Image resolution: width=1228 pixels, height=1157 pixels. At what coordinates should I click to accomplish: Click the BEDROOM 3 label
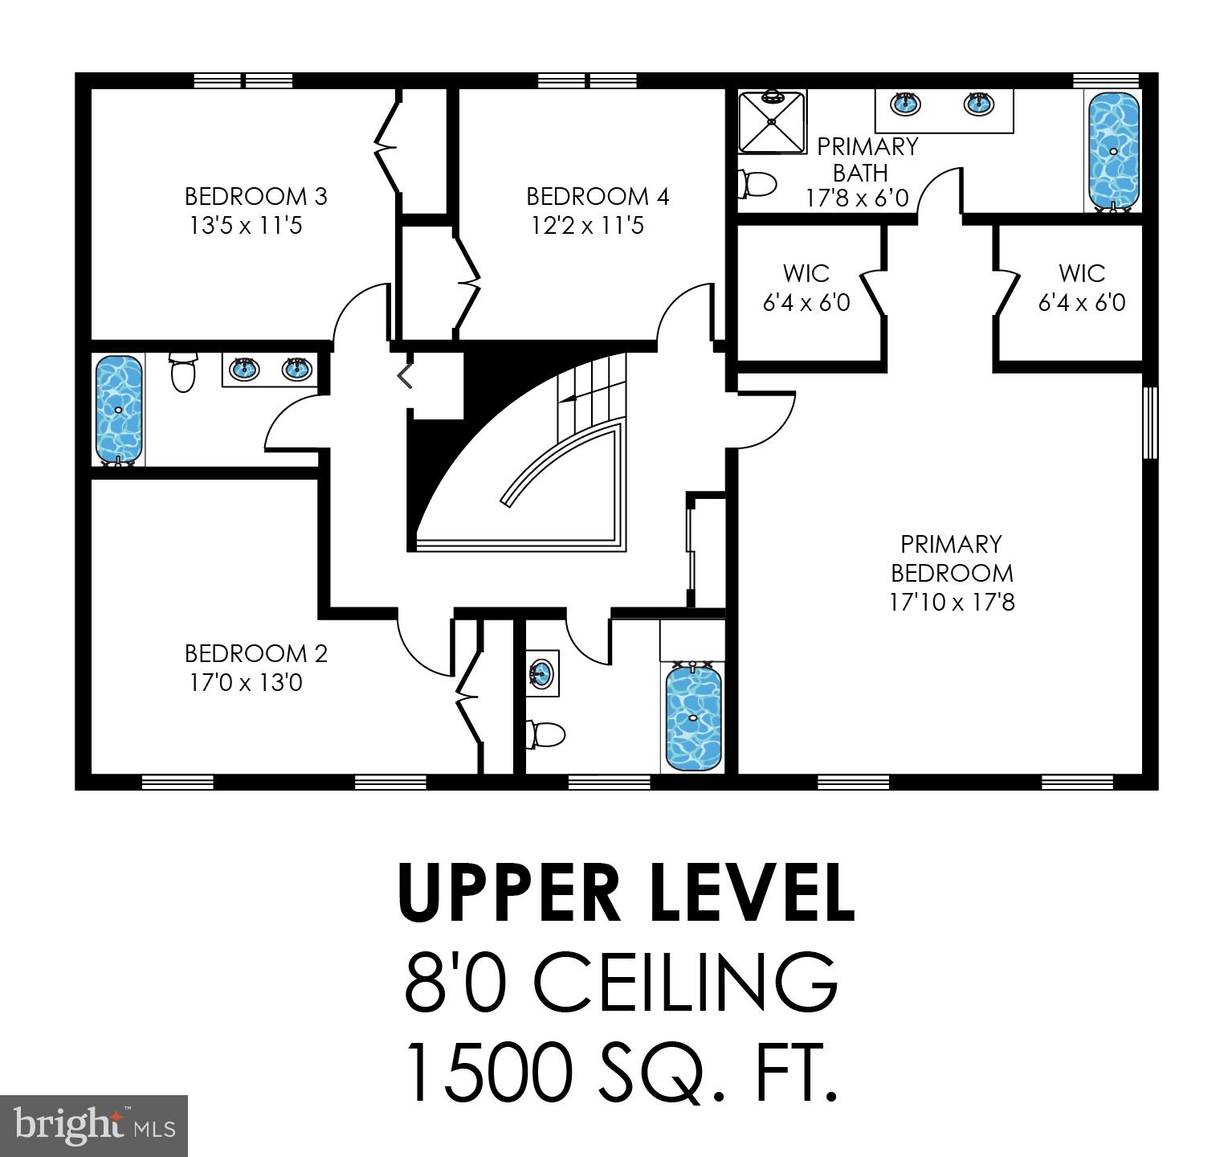coord(255,197)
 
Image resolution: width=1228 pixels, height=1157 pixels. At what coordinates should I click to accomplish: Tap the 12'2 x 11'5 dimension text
coord(587,226)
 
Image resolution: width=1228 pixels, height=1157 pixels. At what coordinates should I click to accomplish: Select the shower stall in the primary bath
coord(772,121)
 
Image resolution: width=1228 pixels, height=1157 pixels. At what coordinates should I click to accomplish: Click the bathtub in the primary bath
coord(1113,149)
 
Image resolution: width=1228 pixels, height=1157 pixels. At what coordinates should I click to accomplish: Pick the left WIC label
coord(806,273)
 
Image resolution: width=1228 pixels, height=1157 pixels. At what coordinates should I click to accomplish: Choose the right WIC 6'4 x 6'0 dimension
coord(1082,303)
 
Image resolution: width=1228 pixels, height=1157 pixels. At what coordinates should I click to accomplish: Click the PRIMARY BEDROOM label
coord(952,558)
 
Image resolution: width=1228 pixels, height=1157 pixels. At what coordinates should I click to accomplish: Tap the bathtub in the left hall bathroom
coord(119,409)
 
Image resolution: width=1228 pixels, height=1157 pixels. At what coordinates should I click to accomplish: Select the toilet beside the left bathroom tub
coord(183,372)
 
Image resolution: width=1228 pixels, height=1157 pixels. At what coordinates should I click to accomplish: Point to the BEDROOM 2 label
coord(255,653)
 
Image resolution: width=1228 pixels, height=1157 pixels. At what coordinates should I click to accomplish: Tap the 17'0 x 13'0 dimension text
coord(246,683)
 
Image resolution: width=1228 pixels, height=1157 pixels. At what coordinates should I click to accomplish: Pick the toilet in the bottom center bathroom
coord(546,734)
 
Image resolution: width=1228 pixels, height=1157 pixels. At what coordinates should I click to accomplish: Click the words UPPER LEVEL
coord(626,893)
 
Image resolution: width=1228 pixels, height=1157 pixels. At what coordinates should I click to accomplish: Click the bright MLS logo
coord(93,1125)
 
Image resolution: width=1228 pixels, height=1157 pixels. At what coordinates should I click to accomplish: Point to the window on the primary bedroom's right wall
coord(1151,423)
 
